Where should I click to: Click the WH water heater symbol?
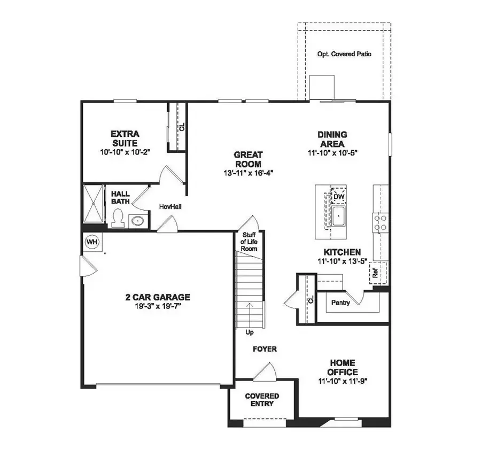click(x=92, y=242)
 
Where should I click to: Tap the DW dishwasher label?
click(x=338, y=197)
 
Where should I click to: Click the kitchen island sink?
click(x=338, y=216)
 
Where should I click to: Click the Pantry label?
click(x=340, y=303)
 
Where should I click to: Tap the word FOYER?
click(x=265, y=349)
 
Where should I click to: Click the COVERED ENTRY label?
click(x=262, y=400)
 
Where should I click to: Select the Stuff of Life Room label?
click(x=250, y=242)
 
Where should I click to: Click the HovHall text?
click(x=170, y=206)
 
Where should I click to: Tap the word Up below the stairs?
click(x=250, y=332)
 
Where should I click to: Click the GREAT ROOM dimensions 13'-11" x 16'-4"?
click(x=248, y=173)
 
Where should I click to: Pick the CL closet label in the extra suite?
click(x=181, y=127)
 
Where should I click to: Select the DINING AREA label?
click(x=332, y=140)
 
